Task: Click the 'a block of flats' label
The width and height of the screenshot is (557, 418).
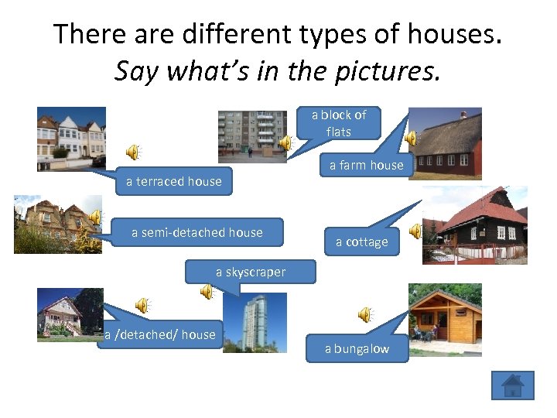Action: pyautogui.click(x=339, y=123)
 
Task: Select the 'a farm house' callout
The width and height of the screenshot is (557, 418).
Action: pyautogui.click(x=366, y=165)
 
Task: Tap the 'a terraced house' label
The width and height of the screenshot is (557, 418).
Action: pyautogui.click(x=174, y=181)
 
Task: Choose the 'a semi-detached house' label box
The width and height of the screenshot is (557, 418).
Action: pyautogui.click(x=196, y=232)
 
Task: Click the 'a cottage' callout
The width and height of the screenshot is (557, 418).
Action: pyautogui.click(x=361, y=242)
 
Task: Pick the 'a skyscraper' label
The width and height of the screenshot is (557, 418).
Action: pyautogui.click(x=251, y=272)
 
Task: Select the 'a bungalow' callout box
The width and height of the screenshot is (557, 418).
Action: pyautogui.click(x=357, y=349)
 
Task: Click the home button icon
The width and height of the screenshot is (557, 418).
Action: pyautogui.click(x=512, y=385)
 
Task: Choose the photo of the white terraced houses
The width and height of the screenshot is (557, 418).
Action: pyautogui.click(x=71, y=138)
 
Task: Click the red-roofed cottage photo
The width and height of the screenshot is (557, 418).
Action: pyautogui.click(x=474, y=224)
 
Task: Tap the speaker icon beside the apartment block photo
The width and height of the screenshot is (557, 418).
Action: pyautogui.click(x=285, y=142)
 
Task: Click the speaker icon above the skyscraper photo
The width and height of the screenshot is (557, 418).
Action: pyautogui.click(x=207, y=292)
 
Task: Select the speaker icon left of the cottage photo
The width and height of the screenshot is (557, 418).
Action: pyautogui.click(x=415, y=231)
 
